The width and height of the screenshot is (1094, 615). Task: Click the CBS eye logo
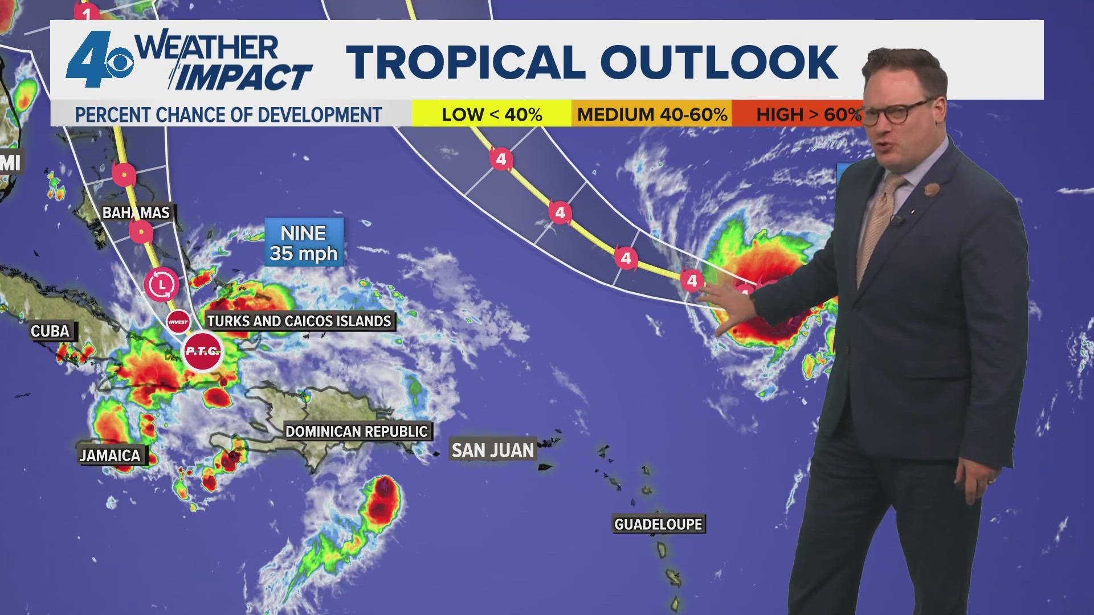coord(118,63)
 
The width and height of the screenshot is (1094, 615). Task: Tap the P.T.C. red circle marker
coord(202,351)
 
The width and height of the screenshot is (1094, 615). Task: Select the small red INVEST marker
coord(178,322)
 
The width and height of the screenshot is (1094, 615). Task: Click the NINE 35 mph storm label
coord(304,243)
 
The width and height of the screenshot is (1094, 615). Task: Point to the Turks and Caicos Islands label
coord(299,321)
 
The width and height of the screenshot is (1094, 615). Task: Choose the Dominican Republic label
coord(357,432)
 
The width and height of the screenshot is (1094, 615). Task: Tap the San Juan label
coord(493,450)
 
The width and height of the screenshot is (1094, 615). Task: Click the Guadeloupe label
coord(658,524)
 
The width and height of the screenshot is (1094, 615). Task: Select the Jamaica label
coord(110,456)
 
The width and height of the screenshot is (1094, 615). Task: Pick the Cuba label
coord(50,331)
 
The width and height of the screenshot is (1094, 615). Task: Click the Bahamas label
coord(136,213)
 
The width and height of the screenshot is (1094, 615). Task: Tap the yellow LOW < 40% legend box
coord(492,114)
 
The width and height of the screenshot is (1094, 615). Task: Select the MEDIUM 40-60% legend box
coord(652,114)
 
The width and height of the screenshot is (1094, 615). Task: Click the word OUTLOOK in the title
coord(719,61)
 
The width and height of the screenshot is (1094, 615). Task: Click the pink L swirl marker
coord(162,284)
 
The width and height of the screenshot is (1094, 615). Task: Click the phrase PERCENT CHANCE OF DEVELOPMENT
coord(228,115)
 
